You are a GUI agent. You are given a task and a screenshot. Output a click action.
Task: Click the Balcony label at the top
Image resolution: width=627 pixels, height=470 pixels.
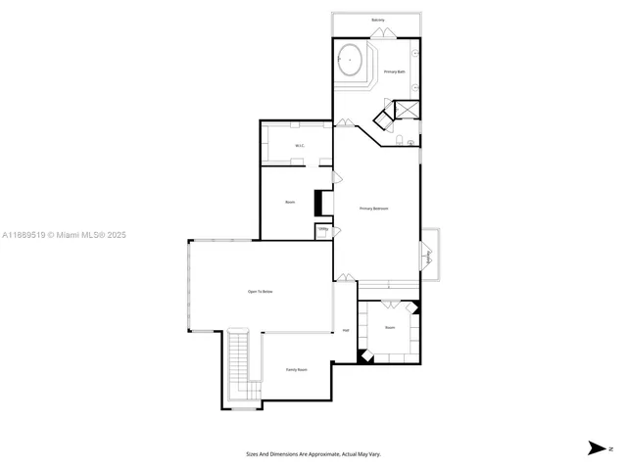pos(377,20)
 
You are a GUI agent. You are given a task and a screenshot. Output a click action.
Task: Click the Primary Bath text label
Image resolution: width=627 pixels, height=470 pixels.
pos(394,72)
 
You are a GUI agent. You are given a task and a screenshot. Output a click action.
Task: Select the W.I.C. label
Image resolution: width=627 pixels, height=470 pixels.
pos(300,147)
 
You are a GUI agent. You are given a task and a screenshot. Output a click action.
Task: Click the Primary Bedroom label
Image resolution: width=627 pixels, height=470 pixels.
pos(374,209)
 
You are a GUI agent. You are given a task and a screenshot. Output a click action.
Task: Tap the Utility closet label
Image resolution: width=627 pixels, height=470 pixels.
pos(322,230)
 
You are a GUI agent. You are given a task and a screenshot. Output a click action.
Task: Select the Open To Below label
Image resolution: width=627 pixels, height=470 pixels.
pos(260,292)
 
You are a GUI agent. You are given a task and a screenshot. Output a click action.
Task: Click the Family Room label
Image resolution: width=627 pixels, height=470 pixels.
pos(296,369)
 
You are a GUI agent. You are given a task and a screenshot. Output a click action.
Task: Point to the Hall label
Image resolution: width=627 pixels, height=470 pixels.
pos(346,330)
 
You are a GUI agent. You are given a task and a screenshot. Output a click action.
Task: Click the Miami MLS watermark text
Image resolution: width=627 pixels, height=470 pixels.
pos(64,235)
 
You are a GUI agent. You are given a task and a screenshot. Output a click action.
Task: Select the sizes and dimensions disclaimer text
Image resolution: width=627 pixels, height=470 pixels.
pos(313,454)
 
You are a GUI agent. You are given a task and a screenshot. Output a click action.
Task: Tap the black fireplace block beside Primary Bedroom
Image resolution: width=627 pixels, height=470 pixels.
pos(317,203)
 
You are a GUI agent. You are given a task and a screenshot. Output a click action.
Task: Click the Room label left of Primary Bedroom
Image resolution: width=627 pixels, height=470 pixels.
pos(290,203)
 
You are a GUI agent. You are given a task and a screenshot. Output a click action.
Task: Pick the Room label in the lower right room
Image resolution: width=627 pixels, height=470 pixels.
pos(390,327)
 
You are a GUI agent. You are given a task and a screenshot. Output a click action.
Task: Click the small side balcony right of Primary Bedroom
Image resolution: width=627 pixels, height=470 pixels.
pos(431,258)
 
